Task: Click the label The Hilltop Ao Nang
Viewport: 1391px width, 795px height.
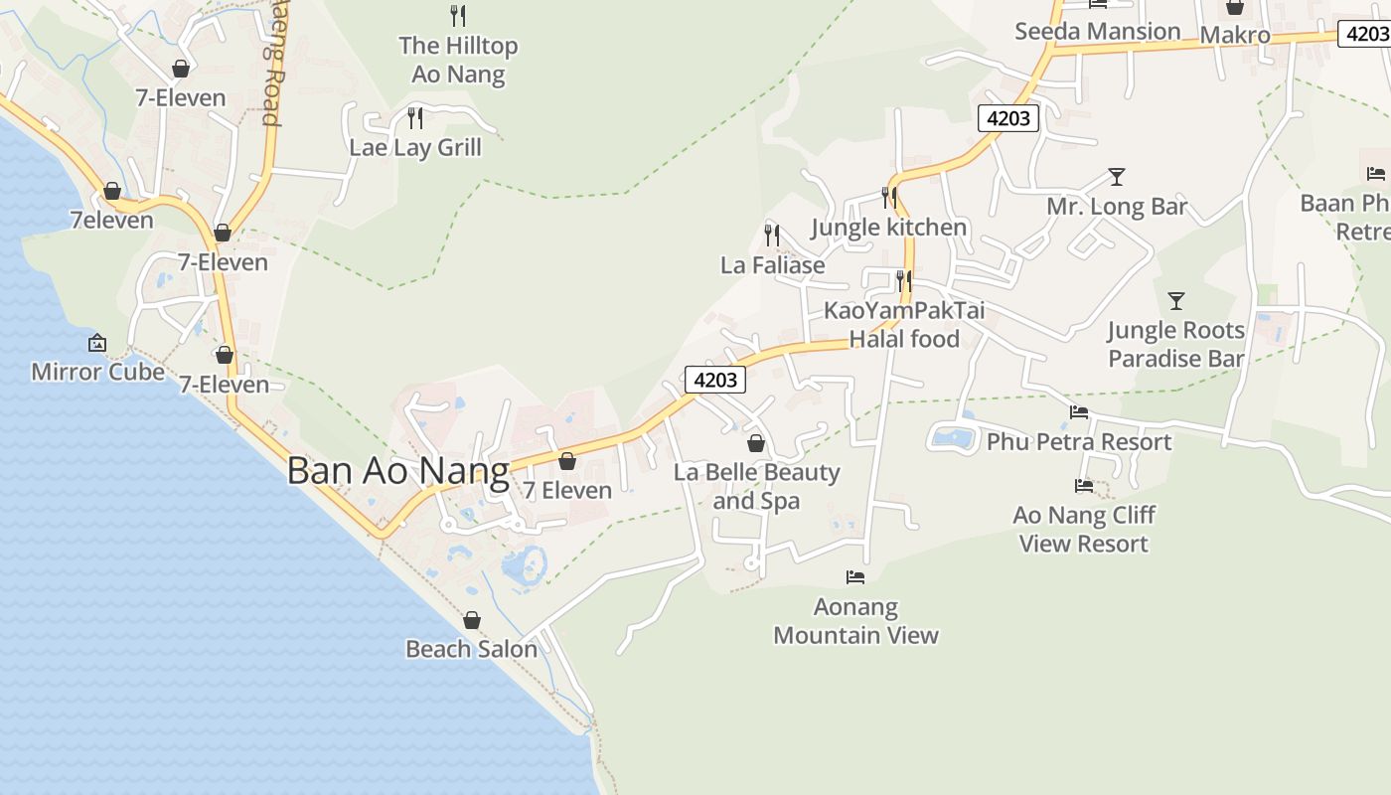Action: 458,60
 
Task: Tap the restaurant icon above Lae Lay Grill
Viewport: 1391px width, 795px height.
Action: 415,118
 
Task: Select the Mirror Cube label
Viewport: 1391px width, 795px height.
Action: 97,372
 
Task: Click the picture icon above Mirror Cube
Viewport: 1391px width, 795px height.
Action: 97,344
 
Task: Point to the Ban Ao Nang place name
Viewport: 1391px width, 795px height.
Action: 397,470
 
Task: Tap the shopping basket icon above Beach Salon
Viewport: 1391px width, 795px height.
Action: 472,620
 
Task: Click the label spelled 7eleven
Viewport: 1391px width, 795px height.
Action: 112,220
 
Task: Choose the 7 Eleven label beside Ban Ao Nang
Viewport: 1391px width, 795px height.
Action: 567,490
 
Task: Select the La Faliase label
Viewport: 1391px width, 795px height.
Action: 772,265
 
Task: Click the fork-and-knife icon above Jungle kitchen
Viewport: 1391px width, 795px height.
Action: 888,198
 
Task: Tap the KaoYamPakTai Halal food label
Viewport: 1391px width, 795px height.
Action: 904,325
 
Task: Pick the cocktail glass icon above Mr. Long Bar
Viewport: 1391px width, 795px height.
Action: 1117,177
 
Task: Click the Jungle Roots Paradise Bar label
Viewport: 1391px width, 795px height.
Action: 1176,344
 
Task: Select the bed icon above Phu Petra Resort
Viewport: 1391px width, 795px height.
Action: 1079,412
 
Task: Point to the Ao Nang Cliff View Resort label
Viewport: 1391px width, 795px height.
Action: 1083,529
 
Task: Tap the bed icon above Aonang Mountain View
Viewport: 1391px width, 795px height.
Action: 855,577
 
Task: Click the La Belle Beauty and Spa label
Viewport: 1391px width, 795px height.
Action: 756,486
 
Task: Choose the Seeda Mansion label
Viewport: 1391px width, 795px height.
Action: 1097,31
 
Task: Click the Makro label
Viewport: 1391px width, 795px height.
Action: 1235,36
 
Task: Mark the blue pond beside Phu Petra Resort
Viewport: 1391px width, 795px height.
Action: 954,436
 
